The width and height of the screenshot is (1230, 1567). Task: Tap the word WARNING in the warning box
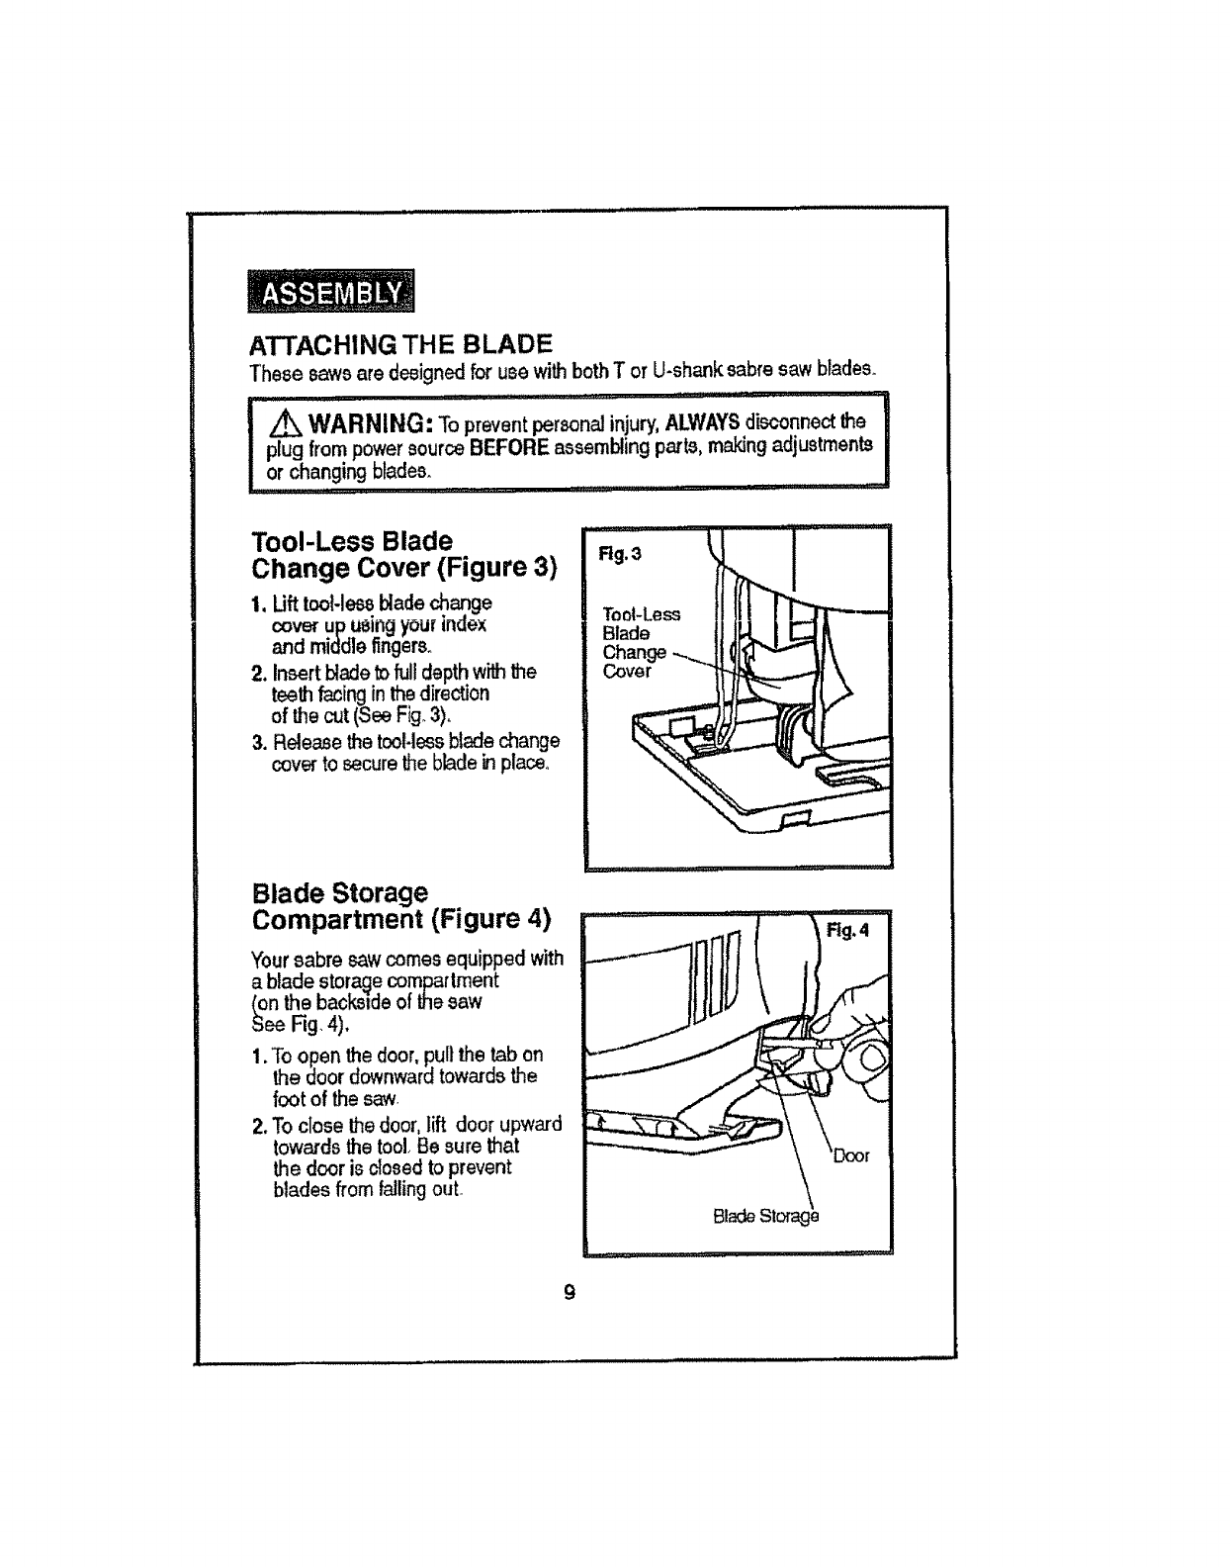(367, 425)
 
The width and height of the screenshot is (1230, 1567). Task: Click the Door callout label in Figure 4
(850, 1155)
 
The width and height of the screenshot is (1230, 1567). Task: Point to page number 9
(570, 1291)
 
